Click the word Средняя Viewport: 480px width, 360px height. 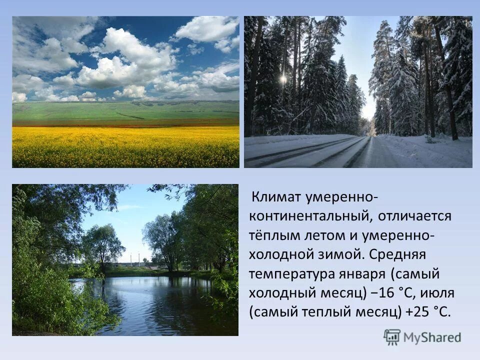pos(398,254)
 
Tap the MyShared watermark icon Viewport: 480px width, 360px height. pos(392,337)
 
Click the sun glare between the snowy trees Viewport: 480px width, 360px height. pos(283,79)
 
